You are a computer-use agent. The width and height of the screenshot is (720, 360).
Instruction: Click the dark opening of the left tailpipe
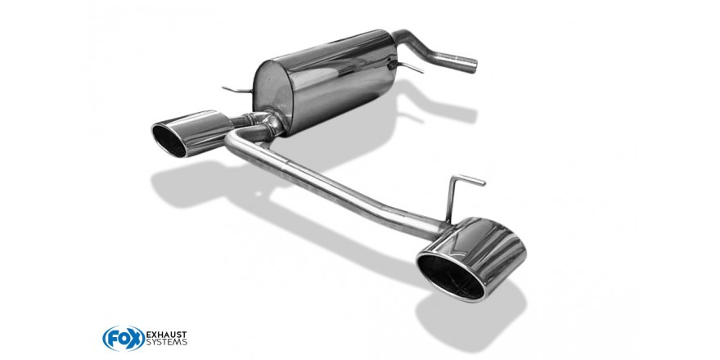pyautogui.click(x=169, y=139)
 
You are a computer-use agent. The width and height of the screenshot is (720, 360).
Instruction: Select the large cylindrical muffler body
pyautogui.click(x=326, y=81)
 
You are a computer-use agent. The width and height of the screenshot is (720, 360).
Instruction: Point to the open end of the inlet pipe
pyautogui.click(x=473, y=65)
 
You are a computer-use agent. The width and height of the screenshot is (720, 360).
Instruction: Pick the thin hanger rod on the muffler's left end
pyautogui.click(x=237, y=89)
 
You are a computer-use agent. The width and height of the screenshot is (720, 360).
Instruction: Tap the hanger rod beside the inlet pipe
pyautogui.click(x=406, y=67)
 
